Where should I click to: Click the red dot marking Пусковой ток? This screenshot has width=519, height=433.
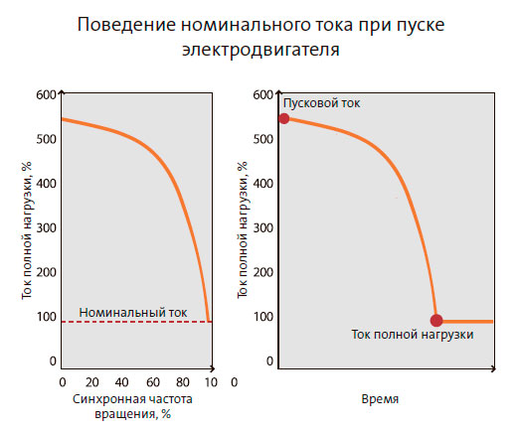[284, 118]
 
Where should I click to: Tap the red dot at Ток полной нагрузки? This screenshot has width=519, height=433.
[436, 320]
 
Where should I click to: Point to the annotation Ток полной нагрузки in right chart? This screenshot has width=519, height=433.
[412, 336]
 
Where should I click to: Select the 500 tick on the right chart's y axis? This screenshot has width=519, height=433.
[261, 139]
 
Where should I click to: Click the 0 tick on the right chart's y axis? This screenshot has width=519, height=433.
[268, 362]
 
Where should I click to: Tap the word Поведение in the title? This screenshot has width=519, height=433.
[124, 25]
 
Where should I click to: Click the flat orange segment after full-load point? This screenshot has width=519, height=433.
[467, 321]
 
